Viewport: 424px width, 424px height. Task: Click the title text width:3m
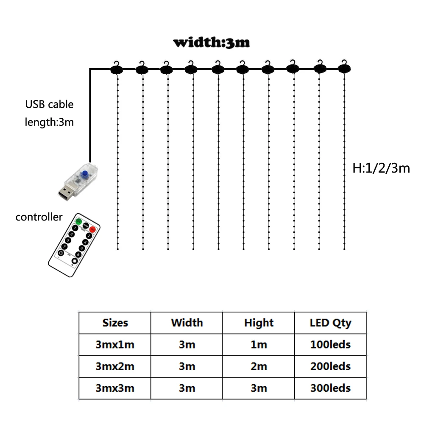(211, 43)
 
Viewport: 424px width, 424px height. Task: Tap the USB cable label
(49, 104)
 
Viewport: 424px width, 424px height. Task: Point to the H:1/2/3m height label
(381, 168)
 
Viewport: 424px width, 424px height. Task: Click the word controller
(39, 218)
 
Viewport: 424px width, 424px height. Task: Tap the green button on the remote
(78, 222)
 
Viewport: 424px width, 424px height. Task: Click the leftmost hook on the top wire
(116, 68)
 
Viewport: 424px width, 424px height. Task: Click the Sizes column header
(115, 323)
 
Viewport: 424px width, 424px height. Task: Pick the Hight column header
(259, 323)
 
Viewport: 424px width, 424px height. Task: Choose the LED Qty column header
(330, 323)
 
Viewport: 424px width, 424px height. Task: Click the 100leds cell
(330, 345)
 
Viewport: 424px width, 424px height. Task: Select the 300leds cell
(330, 388)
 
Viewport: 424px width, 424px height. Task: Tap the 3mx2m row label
(115, 366)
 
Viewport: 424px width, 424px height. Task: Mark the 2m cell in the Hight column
(259, 366)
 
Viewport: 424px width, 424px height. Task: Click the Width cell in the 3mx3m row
(187, 388)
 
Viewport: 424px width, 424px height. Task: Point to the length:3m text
(49, 123)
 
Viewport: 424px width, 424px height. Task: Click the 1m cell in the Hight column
(259, 345)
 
